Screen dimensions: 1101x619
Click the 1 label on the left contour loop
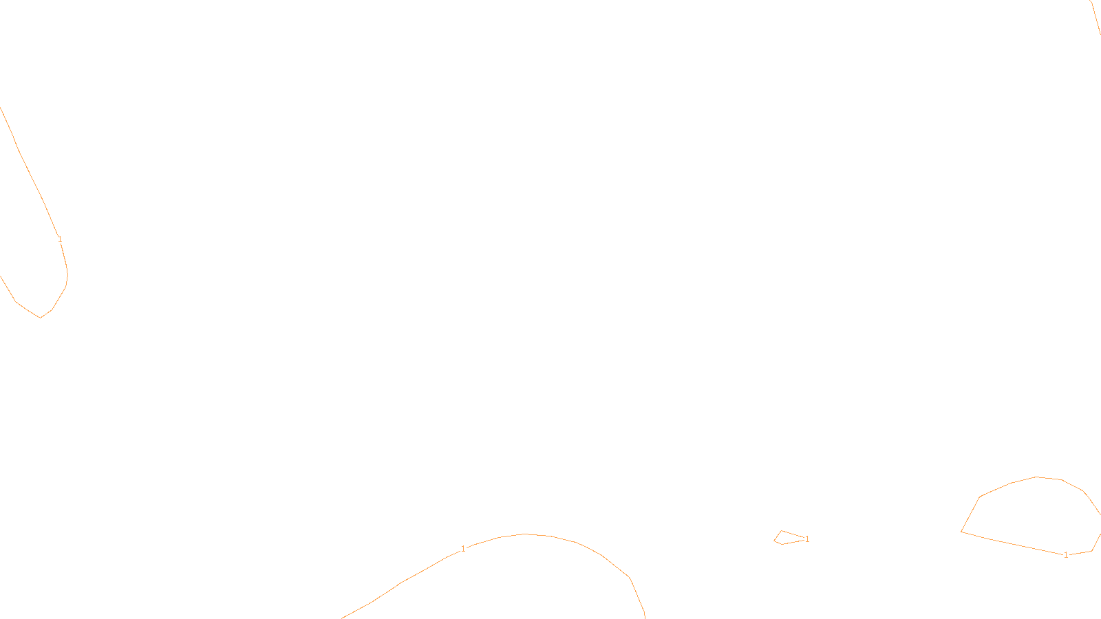[60, 239]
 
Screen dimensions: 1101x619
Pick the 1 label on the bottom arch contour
[463, 549]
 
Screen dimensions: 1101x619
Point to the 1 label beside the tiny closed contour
[807, 539]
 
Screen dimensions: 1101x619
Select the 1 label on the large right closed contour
[1066, 555]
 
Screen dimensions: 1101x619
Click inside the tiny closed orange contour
[786, 538]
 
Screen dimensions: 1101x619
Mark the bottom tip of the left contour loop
[41, 318]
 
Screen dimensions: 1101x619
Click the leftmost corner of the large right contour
[961, 531]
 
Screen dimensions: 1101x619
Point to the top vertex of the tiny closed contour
[781, 531]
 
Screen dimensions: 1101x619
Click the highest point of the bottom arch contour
[525, 534]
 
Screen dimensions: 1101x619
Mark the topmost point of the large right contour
[1036, 477]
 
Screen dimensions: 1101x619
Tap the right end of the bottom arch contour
[644, 617]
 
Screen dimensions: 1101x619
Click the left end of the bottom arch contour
[343, 618]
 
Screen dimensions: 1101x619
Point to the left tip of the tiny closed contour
[774, 541]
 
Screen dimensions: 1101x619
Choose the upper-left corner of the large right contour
[980, 497]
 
